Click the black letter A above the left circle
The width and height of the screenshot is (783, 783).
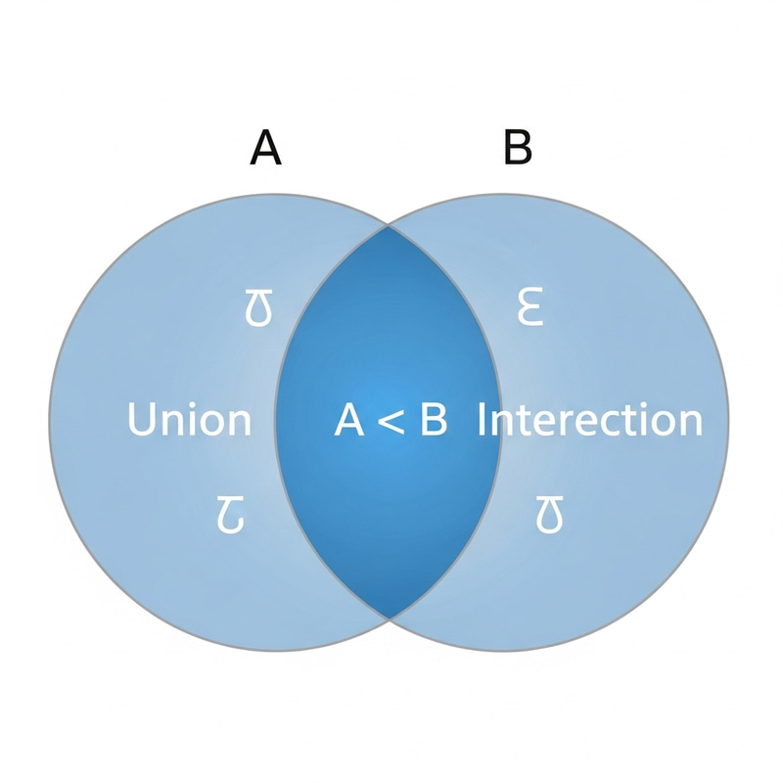[x=265, y=149]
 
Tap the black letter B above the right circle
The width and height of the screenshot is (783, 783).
[x=517, y=149]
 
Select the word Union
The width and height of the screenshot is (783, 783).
[x=189, y=420]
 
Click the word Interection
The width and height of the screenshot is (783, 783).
[x=589, y=420]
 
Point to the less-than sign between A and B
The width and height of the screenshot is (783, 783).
[x=390, y=421]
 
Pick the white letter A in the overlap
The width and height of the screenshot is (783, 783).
[x=349, y=420]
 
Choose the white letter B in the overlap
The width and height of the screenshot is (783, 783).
[x=432, y=420]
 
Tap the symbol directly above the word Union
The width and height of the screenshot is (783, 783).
[x=257, y=309]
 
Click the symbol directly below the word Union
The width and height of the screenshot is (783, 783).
[x=229, y=515]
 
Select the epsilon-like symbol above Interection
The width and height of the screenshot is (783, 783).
[x=530, y=309]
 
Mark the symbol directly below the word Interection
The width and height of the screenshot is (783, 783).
[x=550, y=515]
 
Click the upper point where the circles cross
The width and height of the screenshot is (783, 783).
[x=389, y=226]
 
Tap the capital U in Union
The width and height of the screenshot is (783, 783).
[x=143, y=420]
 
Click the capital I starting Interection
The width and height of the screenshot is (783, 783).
[x=482, y=420]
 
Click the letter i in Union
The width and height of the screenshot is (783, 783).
[x=187, y=420]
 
